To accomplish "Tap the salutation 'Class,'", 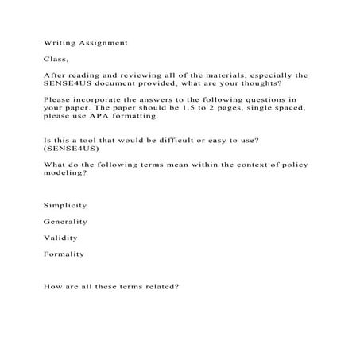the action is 56,59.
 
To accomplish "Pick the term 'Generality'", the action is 65,221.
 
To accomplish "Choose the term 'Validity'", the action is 60,237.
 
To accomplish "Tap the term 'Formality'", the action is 64,254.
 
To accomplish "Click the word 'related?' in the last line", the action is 164,286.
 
